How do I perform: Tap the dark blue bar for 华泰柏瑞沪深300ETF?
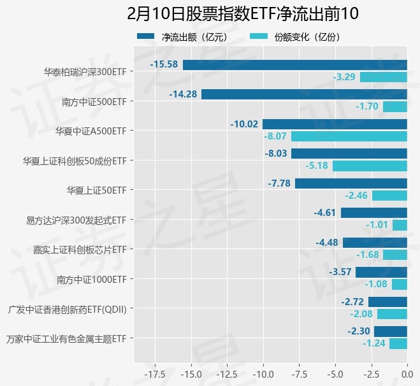[x=294, y=64]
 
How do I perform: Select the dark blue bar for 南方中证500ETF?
[x=304, y=94]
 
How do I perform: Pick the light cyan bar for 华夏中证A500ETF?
[x=349, y=136]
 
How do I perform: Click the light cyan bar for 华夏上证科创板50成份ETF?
[x=370, y=166]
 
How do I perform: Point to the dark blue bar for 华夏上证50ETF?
[x=351, y=183]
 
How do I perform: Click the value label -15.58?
[x=164, y=64]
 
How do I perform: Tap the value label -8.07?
[x=276, y=136]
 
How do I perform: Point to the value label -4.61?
[x=325, y=213]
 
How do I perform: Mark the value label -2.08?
[x=362, y=314]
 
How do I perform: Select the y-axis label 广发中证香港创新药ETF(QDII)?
[x=67, y=310]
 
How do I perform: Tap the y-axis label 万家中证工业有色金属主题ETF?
[x=66, y=339]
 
